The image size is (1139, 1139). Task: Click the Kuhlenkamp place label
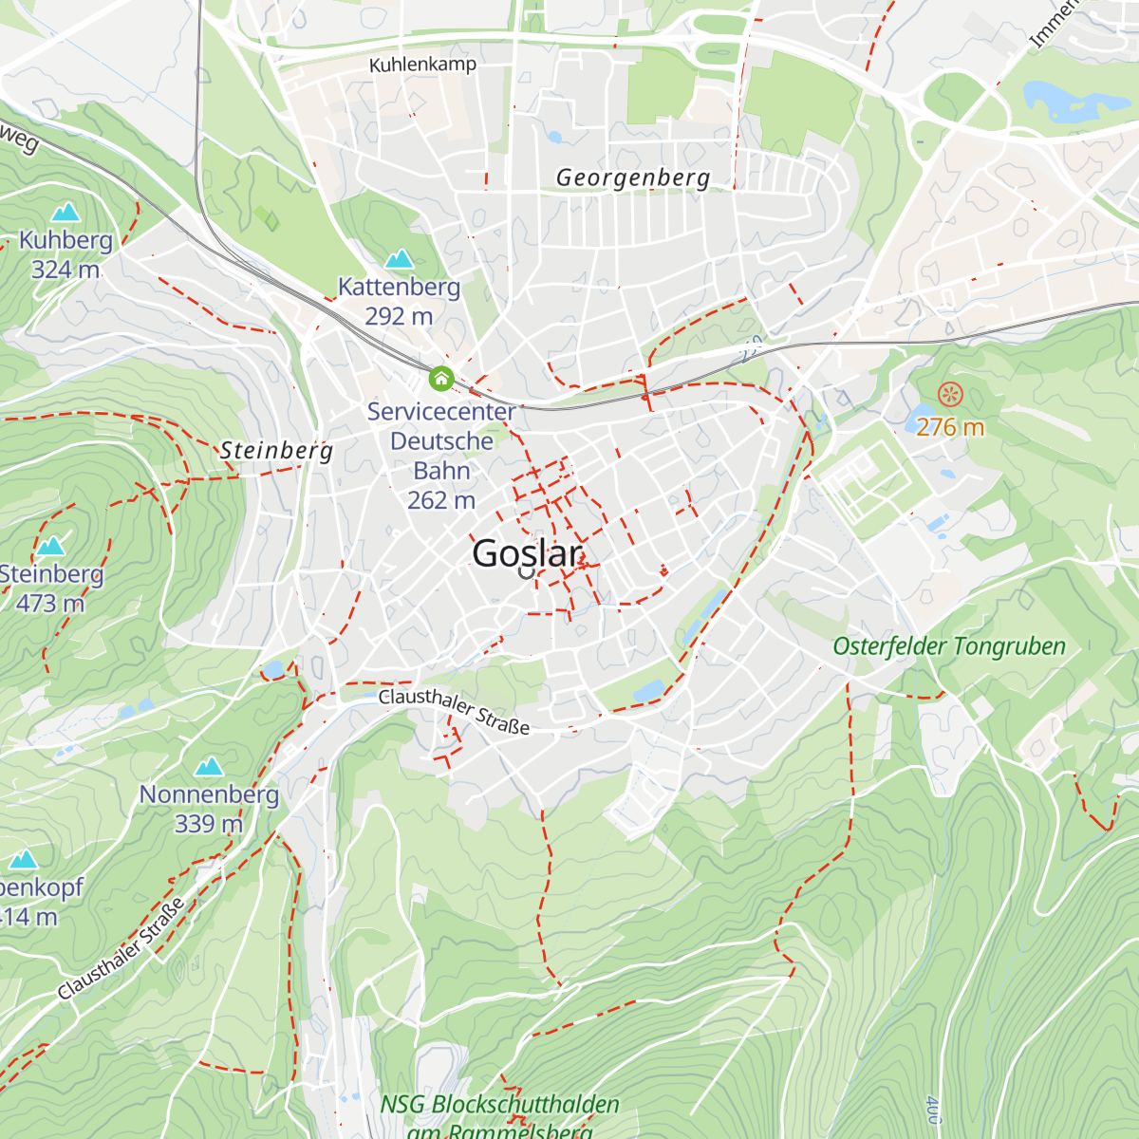click(x=422, y=65)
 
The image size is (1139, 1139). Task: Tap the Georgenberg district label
click(x=632, y=177)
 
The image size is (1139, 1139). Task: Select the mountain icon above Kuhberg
click(x=65, y=212)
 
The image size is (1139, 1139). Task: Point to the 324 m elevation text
click(x=65, y=270)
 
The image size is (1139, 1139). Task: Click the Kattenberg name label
click(x=399, y=287)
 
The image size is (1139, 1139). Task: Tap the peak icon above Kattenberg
click(x=399, y=258)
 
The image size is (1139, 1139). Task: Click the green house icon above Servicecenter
click(x=440, y=380)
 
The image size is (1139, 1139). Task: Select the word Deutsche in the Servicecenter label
click(x=441, y=441)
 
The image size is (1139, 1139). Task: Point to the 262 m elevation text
click(x=441, y=500)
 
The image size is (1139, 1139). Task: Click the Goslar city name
click(x=527, y=553)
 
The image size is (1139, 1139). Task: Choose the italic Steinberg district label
click(x=276, y=450)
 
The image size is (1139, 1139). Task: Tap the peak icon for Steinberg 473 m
click(x=50, y=546)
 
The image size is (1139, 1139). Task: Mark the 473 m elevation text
click(x=49, y=604)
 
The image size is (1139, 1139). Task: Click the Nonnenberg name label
click(x=209, y=794)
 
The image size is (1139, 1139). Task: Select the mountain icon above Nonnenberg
click(x=209, y=766)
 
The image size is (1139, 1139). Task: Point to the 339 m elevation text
click(x=209, y=824)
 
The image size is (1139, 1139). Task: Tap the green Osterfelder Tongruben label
click(x=948, y=646)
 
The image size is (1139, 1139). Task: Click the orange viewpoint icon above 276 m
click(x=949, y=394)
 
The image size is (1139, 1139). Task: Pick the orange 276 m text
click(x=949, y=427)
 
